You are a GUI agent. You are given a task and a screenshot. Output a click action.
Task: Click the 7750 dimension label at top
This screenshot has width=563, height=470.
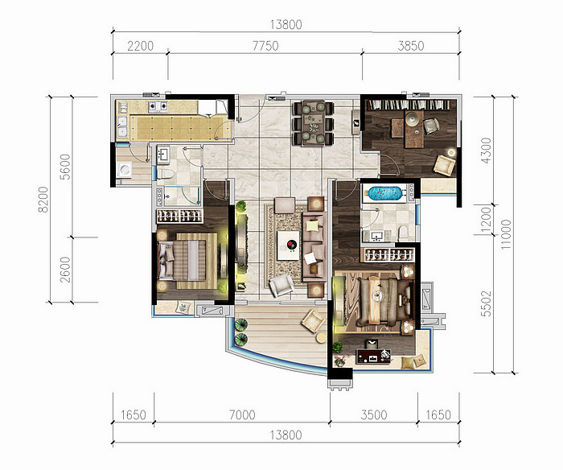[x=265, y=46]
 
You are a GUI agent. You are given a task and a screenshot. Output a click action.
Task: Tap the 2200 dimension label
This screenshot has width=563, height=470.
[x=141, y=46]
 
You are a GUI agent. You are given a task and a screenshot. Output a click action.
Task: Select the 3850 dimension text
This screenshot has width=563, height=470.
[x=411, y=46]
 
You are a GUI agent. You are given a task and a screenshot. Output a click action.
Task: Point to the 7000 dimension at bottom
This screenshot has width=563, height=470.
[x=242, y=415]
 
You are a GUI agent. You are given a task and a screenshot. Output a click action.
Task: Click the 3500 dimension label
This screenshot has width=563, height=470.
[x=374, y=415]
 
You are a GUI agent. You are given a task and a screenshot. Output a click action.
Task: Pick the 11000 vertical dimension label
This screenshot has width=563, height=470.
[x=506, y=234]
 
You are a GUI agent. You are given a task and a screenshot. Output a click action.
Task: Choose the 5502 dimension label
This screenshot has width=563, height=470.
[x=486, y=303]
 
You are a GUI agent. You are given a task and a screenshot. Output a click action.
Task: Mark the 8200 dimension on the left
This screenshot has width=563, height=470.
[x=43, y=200]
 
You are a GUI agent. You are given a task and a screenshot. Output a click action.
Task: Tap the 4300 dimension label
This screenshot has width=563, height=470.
[x=486, y=150]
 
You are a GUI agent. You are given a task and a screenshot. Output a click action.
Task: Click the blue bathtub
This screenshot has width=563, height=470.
[x=386, y=192]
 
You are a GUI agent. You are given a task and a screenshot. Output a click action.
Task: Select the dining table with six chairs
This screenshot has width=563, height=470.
[x=314, y=123]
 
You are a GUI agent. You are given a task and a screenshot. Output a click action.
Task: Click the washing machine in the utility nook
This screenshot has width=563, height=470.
[x=125, y=170]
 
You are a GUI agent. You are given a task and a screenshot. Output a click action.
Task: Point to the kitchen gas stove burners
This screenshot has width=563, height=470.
[x=158, y=105]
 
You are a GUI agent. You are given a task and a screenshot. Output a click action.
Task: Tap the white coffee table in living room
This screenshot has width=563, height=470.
[x=288, y=245]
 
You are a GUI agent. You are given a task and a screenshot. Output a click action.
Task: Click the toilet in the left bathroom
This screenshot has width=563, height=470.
[x=166, y=175]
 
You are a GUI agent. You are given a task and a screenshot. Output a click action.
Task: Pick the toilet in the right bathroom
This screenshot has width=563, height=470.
[x=403, y=233]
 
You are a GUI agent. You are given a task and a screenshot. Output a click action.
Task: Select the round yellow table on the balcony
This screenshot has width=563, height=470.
[x=322, y=338]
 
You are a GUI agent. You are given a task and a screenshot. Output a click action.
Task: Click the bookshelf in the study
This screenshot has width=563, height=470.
[x=408, y=105]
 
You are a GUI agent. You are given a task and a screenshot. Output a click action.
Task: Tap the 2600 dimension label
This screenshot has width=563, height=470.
[x=65, y=270]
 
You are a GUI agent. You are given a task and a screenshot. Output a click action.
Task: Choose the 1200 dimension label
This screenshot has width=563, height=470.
[x=486, y=220]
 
